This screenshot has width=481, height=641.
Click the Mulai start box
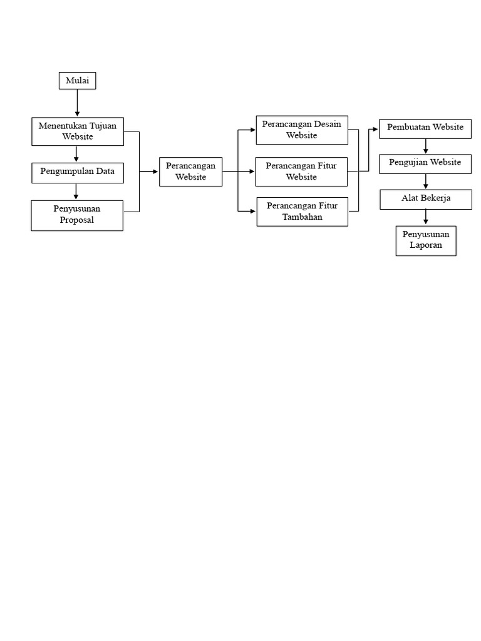click(77, 81)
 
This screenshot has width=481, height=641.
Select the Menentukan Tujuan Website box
click(78, 131)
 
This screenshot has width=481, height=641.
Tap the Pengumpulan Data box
click(78, 173)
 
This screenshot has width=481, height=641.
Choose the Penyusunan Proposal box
click(77, 215)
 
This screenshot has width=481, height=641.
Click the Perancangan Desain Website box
click(302, 130)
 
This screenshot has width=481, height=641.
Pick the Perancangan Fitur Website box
click(301, 172)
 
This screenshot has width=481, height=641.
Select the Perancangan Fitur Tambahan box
click(303, 212)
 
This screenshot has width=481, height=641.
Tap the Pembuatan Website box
click(425, 129)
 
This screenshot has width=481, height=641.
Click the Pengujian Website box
click(425, 164)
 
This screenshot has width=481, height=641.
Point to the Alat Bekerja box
click(426, 200)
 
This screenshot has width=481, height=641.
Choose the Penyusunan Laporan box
click(426, 241)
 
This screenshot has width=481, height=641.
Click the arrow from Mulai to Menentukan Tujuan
click(77, 103)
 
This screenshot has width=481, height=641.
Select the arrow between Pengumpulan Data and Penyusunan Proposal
click(76, 192)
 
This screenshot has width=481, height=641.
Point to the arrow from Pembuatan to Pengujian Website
click(426, 146)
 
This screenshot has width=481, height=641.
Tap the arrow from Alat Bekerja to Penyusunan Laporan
click(426, 217)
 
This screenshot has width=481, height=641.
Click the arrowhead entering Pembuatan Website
click(376, 129)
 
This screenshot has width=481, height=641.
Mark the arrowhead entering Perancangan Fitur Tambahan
click(253, 212)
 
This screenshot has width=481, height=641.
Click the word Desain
click(328, 125)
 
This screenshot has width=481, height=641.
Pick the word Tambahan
click(303, 217)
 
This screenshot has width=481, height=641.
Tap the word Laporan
click(426, 245)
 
